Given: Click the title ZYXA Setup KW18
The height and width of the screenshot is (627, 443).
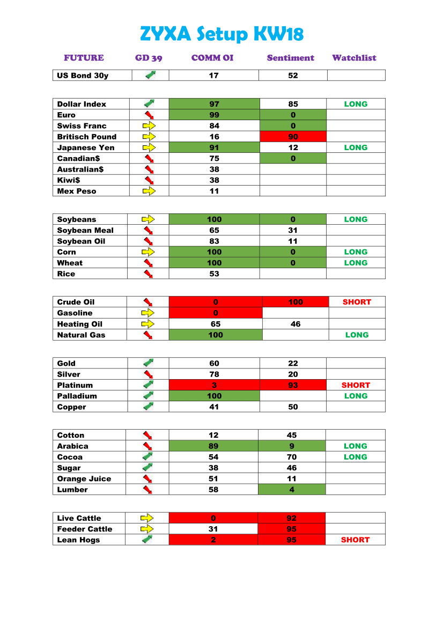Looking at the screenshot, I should [222, 34].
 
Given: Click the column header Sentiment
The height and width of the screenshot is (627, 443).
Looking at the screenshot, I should [290, 58].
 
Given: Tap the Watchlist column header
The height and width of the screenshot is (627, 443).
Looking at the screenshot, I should [354, 58].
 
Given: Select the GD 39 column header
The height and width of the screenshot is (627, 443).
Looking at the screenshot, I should [149, 58].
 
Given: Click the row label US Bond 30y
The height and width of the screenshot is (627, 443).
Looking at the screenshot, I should [83, 76].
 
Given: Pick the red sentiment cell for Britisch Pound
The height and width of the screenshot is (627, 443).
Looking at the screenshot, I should [293, 137].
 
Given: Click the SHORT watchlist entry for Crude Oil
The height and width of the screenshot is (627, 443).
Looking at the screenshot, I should [357, 302].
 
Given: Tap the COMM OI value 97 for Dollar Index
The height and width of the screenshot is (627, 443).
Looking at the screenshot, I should [214, 104].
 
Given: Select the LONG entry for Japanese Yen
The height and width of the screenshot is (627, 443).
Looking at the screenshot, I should [356, 147].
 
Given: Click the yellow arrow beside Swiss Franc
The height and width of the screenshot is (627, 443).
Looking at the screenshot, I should [149, 126].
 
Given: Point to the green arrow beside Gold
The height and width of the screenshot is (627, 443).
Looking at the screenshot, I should [149, 363].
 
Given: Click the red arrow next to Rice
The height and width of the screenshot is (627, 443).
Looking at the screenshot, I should [149, 274].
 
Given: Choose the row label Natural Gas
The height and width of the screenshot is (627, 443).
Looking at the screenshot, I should [81, 335].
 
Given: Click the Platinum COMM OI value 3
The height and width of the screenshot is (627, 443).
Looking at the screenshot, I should [214, 385].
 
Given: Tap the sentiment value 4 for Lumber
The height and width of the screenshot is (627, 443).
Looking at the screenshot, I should [292, 490].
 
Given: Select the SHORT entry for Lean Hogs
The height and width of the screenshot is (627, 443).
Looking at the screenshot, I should [355, 540].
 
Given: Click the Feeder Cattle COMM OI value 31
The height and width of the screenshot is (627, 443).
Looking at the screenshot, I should [213, 529].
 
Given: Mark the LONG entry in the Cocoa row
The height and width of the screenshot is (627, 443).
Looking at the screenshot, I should [355, 457].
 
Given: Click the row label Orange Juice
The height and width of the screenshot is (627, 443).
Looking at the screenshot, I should [84, 479].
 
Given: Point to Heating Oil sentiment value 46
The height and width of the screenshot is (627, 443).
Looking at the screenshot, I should [296, 324].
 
